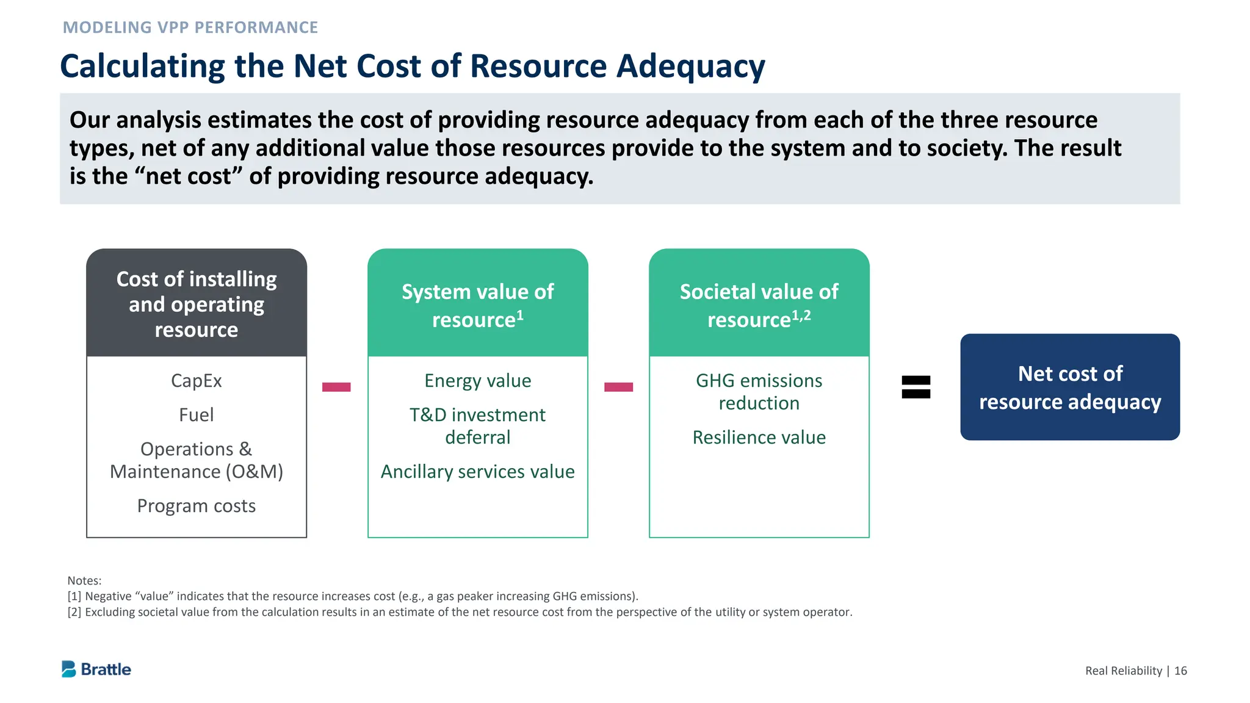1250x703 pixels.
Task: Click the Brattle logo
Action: (x=96, y=669)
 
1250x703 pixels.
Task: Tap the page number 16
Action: (x=1180, y=671)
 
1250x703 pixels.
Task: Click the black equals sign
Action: (x=916, y=387)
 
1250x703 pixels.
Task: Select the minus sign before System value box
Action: (x=336, y=387)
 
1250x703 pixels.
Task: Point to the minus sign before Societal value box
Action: (x=618, y=387)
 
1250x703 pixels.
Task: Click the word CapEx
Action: (x=196, y=381)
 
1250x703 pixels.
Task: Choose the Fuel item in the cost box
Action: (x=196, y=415)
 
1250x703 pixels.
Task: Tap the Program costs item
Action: (x=196, y=506)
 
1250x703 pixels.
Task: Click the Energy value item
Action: (x=477, y=381)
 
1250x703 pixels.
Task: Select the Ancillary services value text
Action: (x=477, y=472)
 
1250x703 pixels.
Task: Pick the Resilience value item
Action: (x=759, y=438)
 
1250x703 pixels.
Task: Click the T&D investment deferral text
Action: (x=477, y=426)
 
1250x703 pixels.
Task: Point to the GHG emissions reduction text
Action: (x=759, y=392)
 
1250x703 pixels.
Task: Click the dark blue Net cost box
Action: (x=1069, y=387)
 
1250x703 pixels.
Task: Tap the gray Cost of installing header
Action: (x=196, y=304)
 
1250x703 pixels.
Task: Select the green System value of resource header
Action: (x=477, y=305)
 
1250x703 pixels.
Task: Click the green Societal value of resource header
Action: (x=759, y=305)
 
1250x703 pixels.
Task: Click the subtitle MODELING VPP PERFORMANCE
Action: (x=190, y=27)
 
